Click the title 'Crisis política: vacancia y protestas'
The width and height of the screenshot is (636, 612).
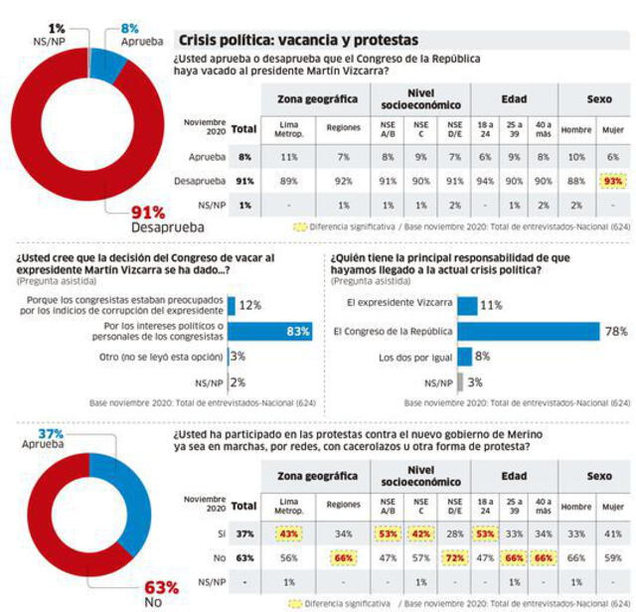tap(297, 41)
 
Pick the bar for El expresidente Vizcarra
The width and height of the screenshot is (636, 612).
tap(467, 304)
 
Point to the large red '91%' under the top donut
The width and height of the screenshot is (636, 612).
tap(149, 213)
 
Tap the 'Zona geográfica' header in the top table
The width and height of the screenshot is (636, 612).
tap(316, 98)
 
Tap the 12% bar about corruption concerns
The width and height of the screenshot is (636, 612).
tap(232, 304)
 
